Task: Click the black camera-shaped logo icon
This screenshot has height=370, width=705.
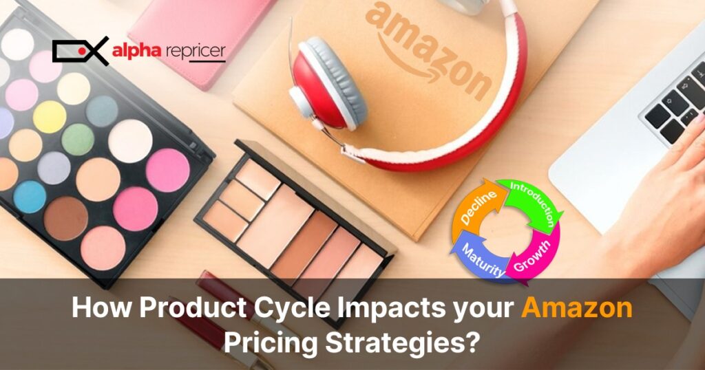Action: pyautogui.click(x=80, y=50)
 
